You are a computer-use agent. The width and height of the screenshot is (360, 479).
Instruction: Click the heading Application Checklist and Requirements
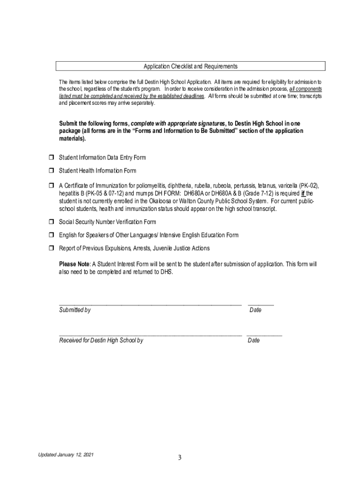(190, 66)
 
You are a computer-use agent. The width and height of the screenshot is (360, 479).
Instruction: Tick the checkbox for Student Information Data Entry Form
(52, 158)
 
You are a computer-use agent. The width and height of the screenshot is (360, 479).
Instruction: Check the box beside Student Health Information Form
(52, 171)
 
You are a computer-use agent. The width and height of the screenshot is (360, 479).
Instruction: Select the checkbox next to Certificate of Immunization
(52, 186)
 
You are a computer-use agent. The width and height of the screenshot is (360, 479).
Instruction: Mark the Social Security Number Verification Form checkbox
(52, 222)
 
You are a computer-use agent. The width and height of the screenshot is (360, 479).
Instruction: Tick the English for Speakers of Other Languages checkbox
(52, 235)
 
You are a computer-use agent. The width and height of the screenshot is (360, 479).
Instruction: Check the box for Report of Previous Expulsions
(52, 248)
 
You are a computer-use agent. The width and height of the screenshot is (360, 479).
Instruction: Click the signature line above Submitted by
(150, 304)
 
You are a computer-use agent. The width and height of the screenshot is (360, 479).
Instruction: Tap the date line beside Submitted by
(260, 304)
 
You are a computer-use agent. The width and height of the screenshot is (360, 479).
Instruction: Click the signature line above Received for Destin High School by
(150, 334)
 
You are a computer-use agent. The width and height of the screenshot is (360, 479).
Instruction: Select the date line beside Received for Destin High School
(264, 334)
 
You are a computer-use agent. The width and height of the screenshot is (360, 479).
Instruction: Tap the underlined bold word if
(303, 194)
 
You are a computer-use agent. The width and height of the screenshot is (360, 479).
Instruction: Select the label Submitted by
(75, 310)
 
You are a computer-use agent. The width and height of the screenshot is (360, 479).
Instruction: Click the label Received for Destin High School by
(101, 341)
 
